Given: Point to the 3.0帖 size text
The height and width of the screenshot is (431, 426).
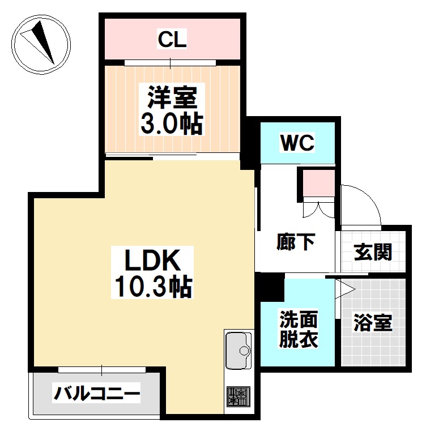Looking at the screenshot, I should pos(172,123).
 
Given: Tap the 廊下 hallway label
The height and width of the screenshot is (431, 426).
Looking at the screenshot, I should pos(296,242).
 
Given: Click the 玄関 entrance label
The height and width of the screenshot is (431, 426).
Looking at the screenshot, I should pos(373,251).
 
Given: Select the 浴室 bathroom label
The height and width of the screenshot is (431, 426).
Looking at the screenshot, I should pos(373,323).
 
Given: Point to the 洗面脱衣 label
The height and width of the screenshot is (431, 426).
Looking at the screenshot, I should pos(299,330).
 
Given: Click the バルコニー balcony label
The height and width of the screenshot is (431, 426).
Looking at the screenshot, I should pos(97,393).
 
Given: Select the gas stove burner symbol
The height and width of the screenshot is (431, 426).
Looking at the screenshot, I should pos(237,395).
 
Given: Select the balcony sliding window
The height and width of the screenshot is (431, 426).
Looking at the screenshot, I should pos(103,370).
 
